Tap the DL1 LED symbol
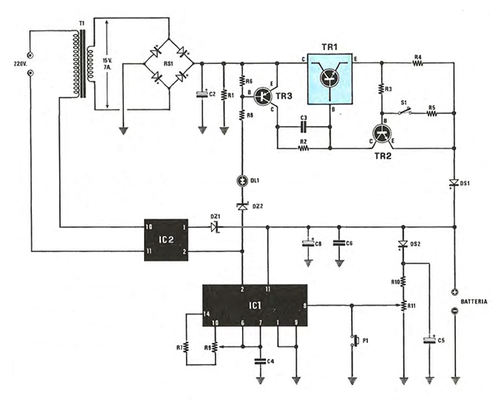click(x=242, y=181)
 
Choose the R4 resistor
click(x=417, y=65)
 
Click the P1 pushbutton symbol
click(x=356, y=340)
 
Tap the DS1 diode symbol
click(x=453, y=184)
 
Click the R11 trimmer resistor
click(x=403, y=307)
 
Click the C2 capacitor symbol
click(x=202, y=94)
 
